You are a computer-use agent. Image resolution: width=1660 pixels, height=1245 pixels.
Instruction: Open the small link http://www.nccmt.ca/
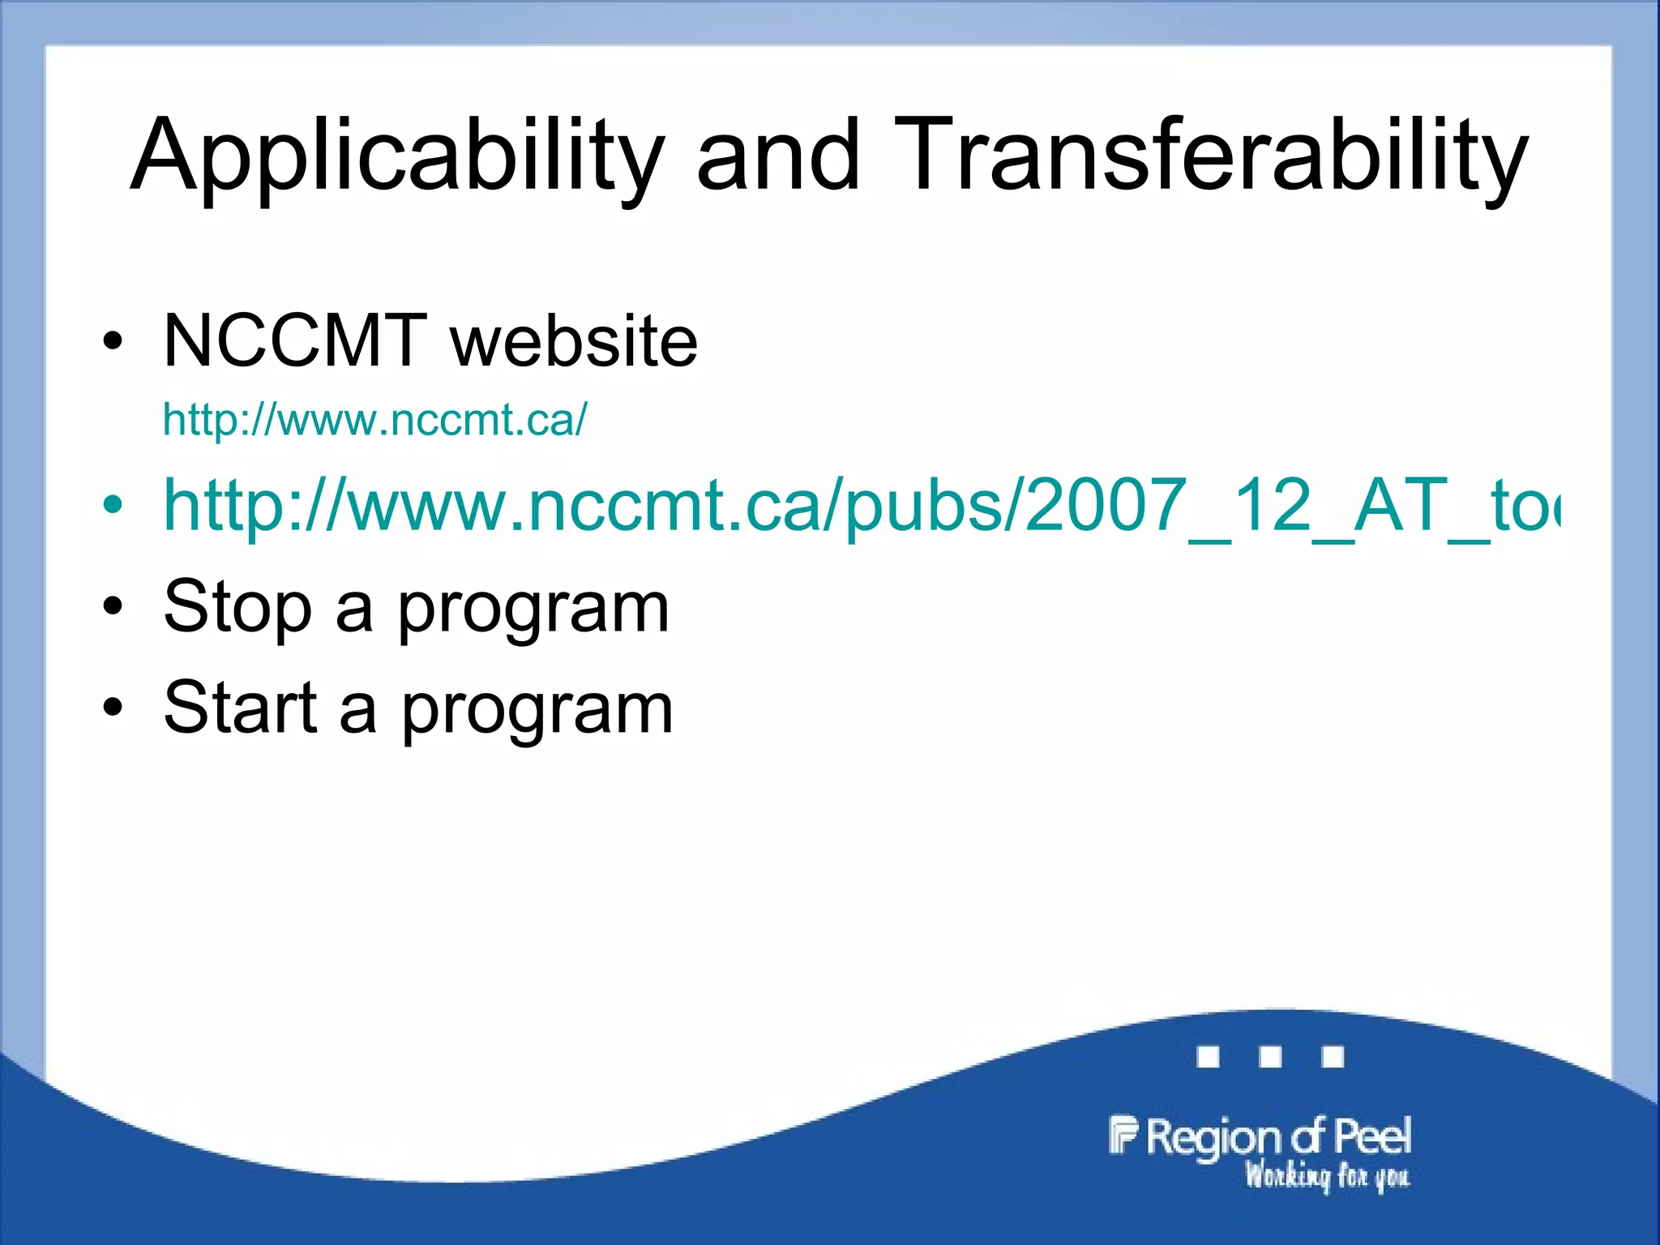tap(374, 420)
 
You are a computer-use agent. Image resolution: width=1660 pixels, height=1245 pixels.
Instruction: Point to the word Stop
tap(237, 608)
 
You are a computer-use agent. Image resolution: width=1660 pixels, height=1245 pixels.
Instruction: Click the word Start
tap(240, 708)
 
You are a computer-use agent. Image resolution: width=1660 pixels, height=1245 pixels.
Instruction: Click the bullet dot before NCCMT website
tap(113, 341)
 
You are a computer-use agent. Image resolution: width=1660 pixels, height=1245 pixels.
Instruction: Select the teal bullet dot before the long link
tap(113, 505)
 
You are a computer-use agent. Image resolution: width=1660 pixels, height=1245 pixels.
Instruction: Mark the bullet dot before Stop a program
tap(113, 606)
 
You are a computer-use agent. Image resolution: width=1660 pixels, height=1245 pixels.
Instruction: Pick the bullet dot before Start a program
tap(113, 707)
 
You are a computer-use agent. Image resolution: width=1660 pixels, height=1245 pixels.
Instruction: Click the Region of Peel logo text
tap(1278, 1137)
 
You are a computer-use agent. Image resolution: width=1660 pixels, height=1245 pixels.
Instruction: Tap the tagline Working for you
tap(1327, 1175)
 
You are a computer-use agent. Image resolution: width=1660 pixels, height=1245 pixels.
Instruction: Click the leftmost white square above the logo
tap(1208, 1057)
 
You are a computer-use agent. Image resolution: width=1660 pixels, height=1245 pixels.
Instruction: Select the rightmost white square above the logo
tap(1333, 1057)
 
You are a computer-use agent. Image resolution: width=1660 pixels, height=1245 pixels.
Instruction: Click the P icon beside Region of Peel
tap(1123, 1135)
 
